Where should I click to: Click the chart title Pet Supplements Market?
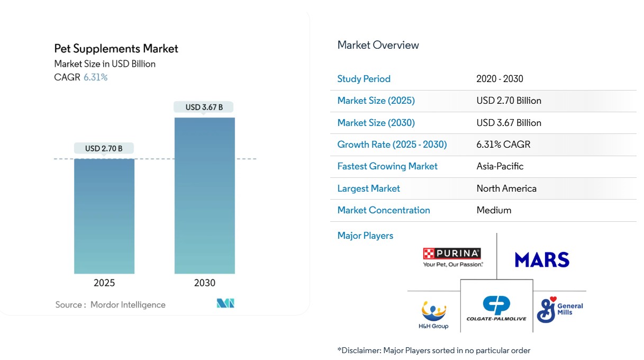click(x=116, y=49)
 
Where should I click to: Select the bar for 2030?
click(x=204, y=195)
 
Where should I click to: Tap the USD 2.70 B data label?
click(x=104, y=148)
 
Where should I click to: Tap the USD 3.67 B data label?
click(x=204, y=107)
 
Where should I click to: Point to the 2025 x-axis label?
click(x=104, y=283)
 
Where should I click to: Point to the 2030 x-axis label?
click(x=204, y=283)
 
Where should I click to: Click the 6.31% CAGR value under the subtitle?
click(x=95, y=77)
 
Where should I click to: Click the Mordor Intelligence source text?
click(x=128, y=304)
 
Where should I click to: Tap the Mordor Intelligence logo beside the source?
click(x=225, y=303)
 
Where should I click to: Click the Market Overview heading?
click(x=378, y=45)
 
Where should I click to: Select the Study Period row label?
click(x=364, y=79)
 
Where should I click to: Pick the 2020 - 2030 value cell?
click(x=500, y=79)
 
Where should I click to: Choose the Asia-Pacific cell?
click(x=500, y=166)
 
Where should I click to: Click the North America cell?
click(x=506, y=188)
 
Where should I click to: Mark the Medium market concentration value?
click(x=494, y=210)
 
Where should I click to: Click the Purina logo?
click(x=452, y=257)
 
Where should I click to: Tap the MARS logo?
click(x=542, y=259)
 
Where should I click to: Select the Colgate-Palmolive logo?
click(x=496, y=309)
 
